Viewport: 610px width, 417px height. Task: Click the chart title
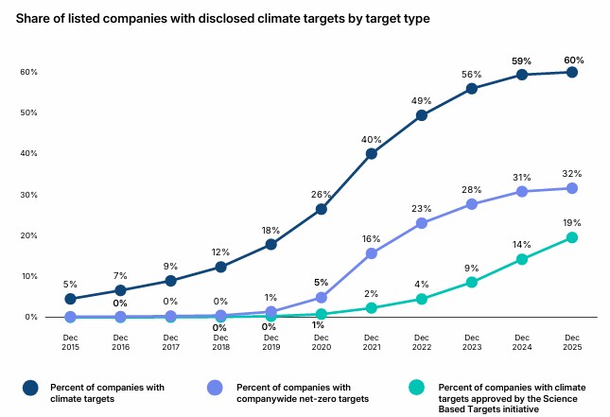click(x=229, y=17)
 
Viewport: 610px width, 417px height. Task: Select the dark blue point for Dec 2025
click(x=571, y=72)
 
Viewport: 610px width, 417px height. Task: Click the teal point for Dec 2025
click(x=571, y=238)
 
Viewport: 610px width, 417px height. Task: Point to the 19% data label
click(x=571, y=223)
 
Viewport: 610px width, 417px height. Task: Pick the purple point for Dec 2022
click(x=421, y=223)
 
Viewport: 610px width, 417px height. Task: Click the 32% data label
click(x=571, y=174)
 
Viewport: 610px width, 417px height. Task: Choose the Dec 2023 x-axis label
click(x=471, y=342)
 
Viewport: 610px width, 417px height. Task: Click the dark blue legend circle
click(x=30, y=387)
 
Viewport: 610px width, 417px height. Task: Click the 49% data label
click(x=421, y=101)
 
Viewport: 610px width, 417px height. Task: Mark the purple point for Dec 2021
click(x=371, y=253)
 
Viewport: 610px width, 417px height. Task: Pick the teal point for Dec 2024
click(x=521, y=259)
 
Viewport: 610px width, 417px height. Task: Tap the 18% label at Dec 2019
click(x=270, y=230)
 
